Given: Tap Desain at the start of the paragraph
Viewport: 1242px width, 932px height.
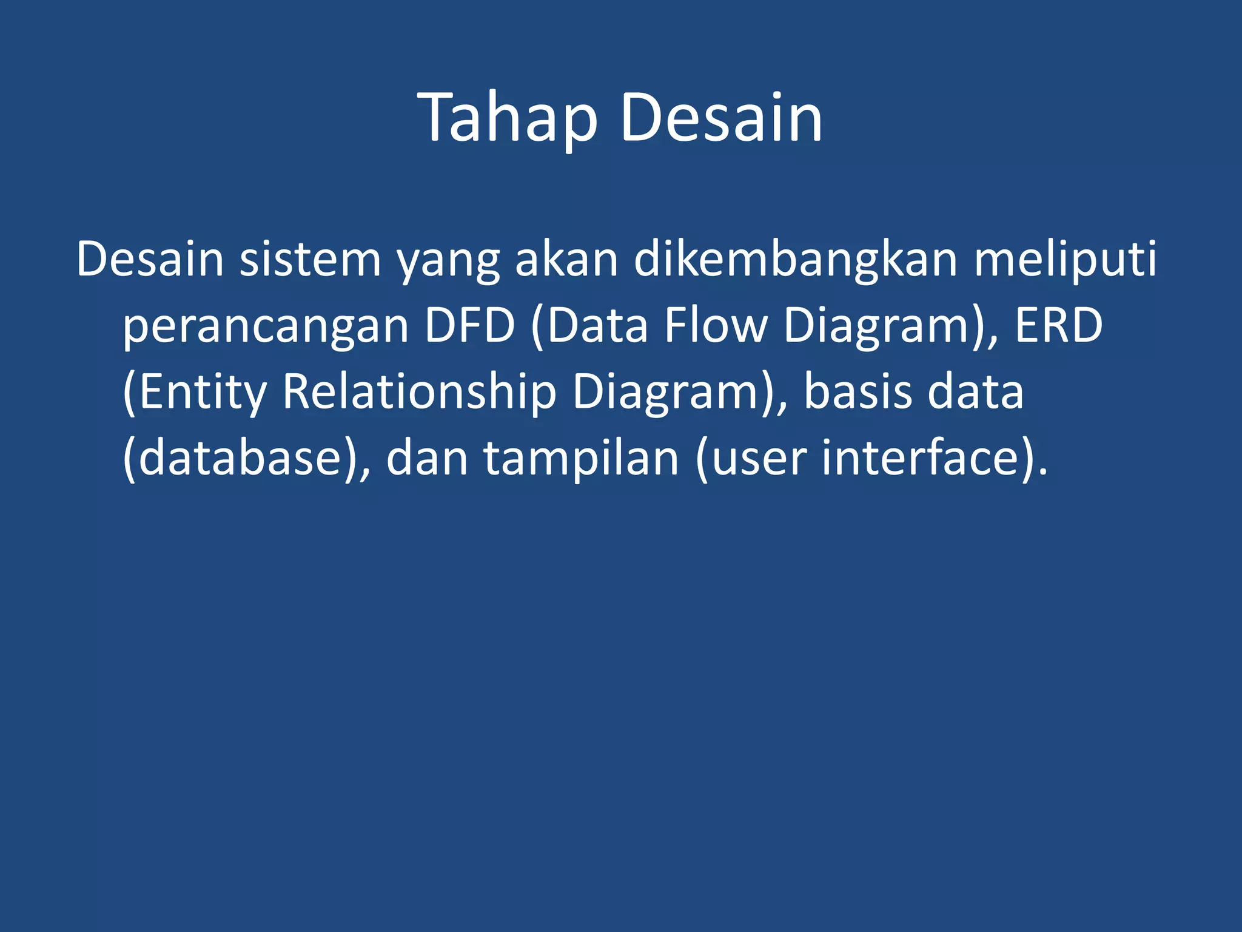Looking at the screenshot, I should pyautogui.click(x=150, y=260).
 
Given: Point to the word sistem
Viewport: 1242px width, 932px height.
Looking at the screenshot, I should pyautogui.click(x=310, y=260).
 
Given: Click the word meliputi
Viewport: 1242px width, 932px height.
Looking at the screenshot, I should pyautogui.click(x=1066, y=260).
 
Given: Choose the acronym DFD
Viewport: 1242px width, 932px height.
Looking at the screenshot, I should pyautogui.click(x=469, y=326).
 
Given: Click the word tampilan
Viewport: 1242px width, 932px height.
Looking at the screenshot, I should pyautogui.click(x=581, y=459).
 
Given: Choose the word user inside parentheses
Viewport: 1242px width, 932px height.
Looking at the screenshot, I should pyautogui.click(x=758, y=459).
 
